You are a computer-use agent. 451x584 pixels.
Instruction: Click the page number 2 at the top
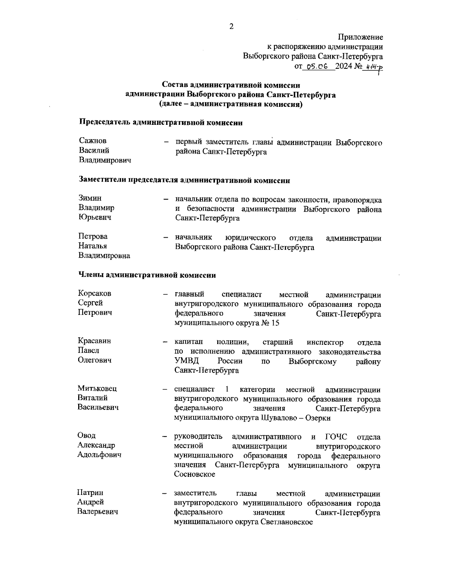coord(231,26)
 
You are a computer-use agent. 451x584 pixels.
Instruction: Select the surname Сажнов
coord(93,141)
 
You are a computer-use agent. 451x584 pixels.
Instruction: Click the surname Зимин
coord(90,198)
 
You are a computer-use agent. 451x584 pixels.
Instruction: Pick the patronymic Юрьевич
coord(95,217)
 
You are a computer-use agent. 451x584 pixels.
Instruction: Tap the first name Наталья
coord(92,246)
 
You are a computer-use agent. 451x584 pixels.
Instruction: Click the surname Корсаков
coord(95,293)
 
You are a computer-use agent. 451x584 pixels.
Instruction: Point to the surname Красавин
coord(94,341)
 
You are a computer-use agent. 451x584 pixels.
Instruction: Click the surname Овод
coord(86,435)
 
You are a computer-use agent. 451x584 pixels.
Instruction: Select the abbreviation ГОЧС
coord(335,437)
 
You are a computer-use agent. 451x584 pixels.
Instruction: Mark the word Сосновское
coord(195,475)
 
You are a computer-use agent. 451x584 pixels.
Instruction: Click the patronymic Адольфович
coord(99,455)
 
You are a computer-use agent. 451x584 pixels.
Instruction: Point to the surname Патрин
coord(90,493)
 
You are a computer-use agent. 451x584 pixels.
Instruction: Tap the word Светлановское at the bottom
coord(287,522)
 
